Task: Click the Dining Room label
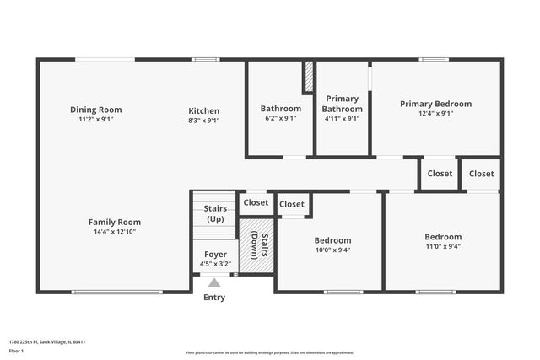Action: pyautogui.click(x=95, y=110)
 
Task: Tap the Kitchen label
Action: pyautogui.click(x=203, y=110)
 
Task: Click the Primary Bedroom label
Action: pyautogui.click(x=435, y=104)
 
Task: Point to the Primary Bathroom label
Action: pyautogui.click(x=343, y=104)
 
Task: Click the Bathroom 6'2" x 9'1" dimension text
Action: pyautogui.click(x=280, y=119)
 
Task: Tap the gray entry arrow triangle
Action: pyautogui.click(x=214, y=284)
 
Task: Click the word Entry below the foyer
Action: pyautogui.click(x=214, y=298)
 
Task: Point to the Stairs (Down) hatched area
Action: pyautogui.click(x=256, y=245)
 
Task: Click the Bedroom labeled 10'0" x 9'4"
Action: pyautogui.click(x=332, y=239)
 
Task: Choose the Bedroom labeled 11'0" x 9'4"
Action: pyautogui.click(x=442, y=237)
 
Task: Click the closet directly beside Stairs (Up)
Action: pyautogui.click(x=256, y=202)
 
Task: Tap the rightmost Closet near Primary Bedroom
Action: pyautogui.click(x=481, y=174)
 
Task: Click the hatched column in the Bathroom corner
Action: pyautogui.click(x=309, y=77)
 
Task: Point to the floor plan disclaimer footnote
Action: pyautogui.click(x=270, y=352)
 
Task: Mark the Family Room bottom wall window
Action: pyautogui.click(x=116, y=292)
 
